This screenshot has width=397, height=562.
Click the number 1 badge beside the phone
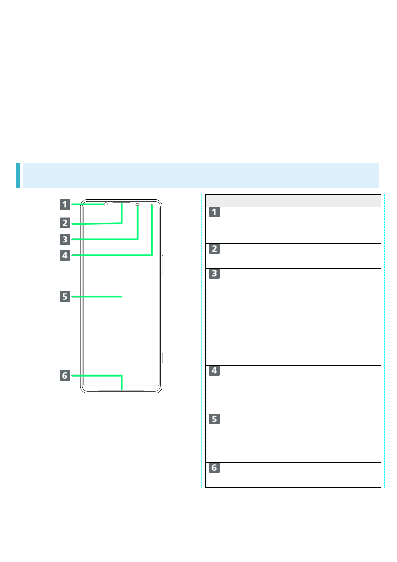click(x=65, y=204)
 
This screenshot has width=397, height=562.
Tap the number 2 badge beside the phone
click(x=65, y=223)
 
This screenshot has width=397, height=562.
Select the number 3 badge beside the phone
click(x=65, y=239)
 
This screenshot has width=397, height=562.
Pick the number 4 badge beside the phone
click(x=65, y=255)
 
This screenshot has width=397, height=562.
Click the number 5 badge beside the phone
click(x=65, y=296)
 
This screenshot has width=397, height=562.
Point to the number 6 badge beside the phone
click(x=65, y=376)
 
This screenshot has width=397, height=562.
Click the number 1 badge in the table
click(x=214, y=212)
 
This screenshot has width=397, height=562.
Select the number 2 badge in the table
click(x=214, y=249)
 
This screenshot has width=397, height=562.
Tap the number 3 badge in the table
click(x=214, y=273)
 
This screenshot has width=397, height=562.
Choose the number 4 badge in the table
click(x=214, y=370)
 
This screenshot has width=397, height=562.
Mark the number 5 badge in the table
click(x=214, y=419)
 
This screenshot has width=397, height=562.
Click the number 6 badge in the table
click(x=214, y=468)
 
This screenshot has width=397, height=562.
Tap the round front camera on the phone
click(x=106, y=204)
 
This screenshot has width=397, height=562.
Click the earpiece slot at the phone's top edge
click(x=121, y=202)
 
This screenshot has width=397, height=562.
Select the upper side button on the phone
click(x=163, y=265)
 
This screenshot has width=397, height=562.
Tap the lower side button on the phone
click(x=163, y=358)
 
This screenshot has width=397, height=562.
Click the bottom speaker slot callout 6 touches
click(x=122, y=391)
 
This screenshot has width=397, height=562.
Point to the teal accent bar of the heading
click(x=18, y=175)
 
